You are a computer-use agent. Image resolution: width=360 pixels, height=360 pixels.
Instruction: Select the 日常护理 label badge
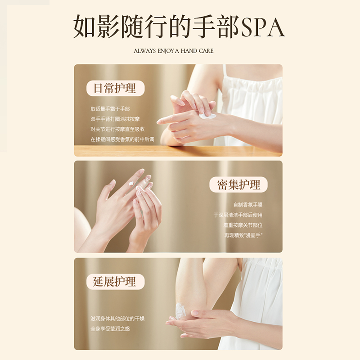click(x=114, y=88)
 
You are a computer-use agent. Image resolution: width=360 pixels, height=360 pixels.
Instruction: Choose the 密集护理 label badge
click(x=238, y=184)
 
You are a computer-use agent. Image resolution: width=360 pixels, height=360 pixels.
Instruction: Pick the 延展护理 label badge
click(x=114, y=282)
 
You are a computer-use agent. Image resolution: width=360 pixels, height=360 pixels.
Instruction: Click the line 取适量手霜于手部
click(x=110, y=109)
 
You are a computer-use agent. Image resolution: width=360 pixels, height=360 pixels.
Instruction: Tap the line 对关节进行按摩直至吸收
click(x=117, y=129)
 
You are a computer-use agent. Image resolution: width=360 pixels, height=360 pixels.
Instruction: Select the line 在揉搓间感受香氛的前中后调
click(x=122, y=139)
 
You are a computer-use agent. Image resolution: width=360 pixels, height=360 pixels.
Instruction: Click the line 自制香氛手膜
click(x=247, y=205)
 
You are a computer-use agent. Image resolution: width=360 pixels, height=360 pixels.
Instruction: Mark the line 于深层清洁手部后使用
click(x=238, y=215)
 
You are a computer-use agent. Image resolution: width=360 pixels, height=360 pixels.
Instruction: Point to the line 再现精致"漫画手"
click(x=243, y=235)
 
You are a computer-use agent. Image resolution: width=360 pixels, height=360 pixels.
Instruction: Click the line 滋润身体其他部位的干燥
click(x=117, y=319)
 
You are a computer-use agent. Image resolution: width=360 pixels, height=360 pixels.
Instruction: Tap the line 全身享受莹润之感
click(x=110, y=329)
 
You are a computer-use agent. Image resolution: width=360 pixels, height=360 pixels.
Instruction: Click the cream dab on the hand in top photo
click(x=208, y=116)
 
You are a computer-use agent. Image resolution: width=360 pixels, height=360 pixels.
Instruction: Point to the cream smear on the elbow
click(x=181, y=310)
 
